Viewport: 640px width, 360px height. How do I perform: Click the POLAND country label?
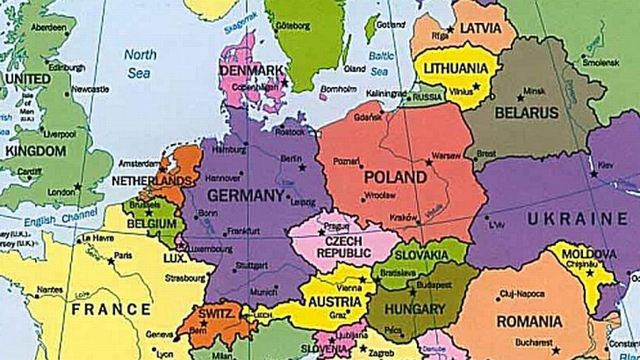pos(395,178)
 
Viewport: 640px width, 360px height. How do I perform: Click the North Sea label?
pos(140,63)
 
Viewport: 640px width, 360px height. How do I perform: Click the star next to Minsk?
pos(520,98)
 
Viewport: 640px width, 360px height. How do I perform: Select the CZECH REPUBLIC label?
pos(343,247)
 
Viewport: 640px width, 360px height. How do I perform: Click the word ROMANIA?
pos(529,322)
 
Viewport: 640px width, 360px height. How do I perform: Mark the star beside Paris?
pos(111,261)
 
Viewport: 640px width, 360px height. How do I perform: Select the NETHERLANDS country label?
pos(151,181)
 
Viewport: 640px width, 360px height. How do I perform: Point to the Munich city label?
pos(263,292)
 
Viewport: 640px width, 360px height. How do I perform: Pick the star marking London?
pos(78,186)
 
